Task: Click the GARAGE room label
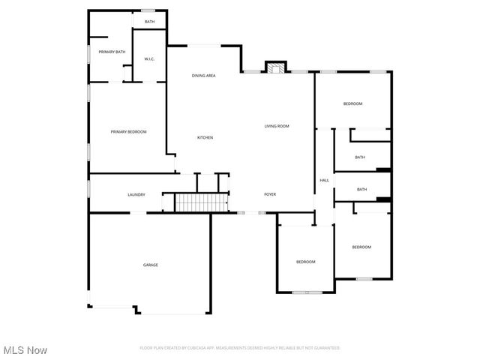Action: pos(151,265)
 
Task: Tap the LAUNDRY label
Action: pos(136,195)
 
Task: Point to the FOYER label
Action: pos(270,195)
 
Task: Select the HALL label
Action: pos(324,181)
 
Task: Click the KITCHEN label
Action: pos(205,138)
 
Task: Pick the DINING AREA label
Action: pos(204,76)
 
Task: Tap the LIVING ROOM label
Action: pos(277,126)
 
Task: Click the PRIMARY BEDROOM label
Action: pos(128,132)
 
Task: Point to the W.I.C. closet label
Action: pos(149,58)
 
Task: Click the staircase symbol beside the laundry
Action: pos(201,202)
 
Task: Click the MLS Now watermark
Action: pos(25,350)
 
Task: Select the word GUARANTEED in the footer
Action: pos(327,348)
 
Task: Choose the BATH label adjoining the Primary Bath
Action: pos(150,22)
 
